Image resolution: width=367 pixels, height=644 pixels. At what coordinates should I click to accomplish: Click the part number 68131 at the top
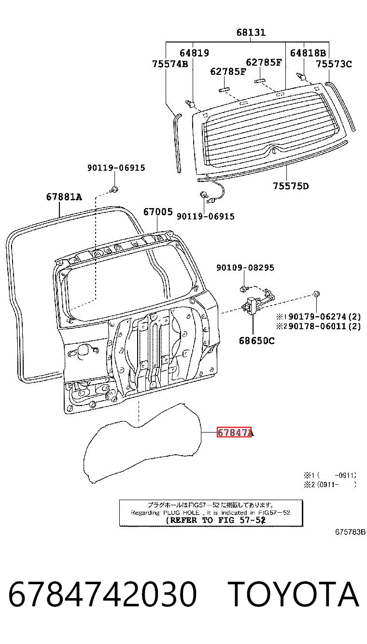tap(251, 32)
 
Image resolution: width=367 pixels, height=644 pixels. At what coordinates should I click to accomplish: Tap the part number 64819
tap(194, 53)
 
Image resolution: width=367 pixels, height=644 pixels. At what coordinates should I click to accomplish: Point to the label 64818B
tap(308, 53)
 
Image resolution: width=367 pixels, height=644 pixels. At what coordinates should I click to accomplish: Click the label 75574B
tap(170, 64)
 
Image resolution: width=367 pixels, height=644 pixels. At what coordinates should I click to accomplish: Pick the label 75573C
tap(334, 64)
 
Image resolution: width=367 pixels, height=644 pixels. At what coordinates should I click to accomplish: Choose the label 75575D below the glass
tap(291, 186)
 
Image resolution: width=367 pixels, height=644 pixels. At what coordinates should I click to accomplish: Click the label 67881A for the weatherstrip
tap(64, 197)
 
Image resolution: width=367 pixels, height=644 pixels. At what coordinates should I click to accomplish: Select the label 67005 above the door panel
tap(158, 212)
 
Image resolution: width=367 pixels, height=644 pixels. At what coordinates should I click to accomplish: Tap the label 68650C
tap(256, 341)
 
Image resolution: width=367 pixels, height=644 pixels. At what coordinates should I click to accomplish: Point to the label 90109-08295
tap(245, 267)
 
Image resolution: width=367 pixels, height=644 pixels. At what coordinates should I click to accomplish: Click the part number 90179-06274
tap(317, 317)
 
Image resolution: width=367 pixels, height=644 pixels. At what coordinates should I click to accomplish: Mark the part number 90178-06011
tap(317, 326)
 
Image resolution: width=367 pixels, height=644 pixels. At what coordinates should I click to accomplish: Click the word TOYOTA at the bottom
tap(294, 594)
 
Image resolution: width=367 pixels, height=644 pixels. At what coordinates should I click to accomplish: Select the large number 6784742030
tap(103, 594)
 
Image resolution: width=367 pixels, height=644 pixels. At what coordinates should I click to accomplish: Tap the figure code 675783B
tap(350, 532)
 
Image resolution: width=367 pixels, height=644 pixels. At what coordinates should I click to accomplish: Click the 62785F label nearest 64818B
tap(264, 62)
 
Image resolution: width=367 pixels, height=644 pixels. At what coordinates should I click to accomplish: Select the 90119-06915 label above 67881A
tap(116, 168)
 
